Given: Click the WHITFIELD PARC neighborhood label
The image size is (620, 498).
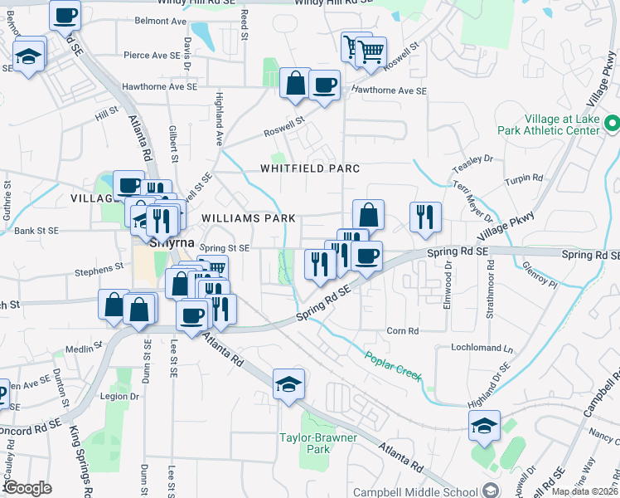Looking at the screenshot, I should click(310, 168).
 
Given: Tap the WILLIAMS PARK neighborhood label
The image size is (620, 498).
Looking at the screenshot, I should click(249, 218).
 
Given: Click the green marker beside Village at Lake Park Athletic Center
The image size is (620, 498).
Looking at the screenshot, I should click(612, 124).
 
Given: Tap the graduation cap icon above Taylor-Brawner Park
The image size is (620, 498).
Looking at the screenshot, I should click(288, 384).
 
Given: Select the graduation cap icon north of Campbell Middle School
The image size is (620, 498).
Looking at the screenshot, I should click(484, 426).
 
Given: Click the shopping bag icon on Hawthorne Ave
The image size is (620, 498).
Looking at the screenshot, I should click(296, 83).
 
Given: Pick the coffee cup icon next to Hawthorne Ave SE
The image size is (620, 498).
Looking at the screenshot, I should click(324, 84).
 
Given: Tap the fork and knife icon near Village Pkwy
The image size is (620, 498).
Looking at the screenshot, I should click(424, 217).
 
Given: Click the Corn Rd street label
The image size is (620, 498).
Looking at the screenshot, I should click(402, 330).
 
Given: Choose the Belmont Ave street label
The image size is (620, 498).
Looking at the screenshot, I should click(161, 21).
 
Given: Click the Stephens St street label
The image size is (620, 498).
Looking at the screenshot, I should click(98, 270).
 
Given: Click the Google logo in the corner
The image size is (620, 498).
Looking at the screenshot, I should click(27, 488).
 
